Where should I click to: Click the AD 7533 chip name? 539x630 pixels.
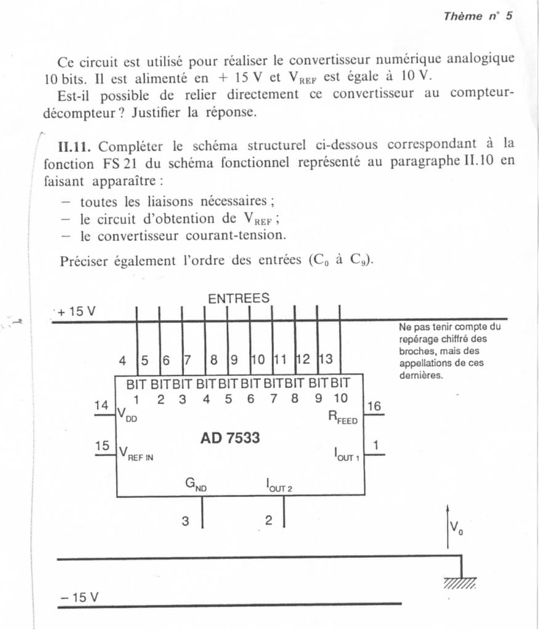(x=230, y=438)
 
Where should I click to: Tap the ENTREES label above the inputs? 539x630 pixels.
(x=238, y=298)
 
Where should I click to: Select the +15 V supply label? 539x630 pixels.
(x=77, y=312)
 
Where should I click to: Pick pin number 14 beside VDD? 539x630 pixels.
(x=101, y=405)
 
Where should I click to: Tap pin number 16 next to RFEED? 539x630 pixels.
(x=374, y=406)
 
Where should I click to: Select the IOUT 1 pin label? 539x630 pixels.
(x=347, y=455)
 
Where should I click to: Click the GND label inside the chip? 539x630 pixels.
(x=196, y=485)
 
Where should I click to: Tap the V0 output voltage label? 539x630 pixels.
(x=456, y=527)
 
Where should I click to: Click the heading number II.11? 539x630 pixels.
(x=75, y=146)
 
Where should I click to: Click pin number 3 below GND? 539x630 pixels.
(x=185, y=521)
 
